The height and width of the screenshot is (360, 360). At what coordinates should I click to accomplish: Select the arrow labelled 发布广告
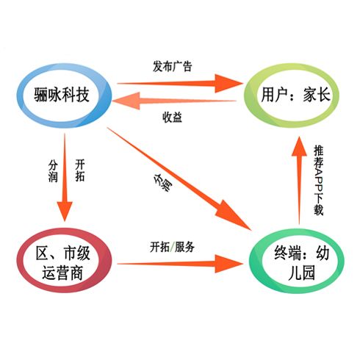(x=184, y=82)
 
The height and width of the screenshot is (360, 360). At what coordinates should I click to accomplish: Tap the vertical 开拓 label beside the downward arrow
(x=81, y=170)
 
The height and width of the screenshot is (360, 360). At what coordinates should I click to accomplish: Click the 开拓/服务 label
(x=173, y=246)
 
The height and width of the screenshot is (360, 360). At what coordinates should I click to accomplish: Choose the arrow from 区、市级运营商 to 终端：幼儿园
(x=176, y=262)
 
